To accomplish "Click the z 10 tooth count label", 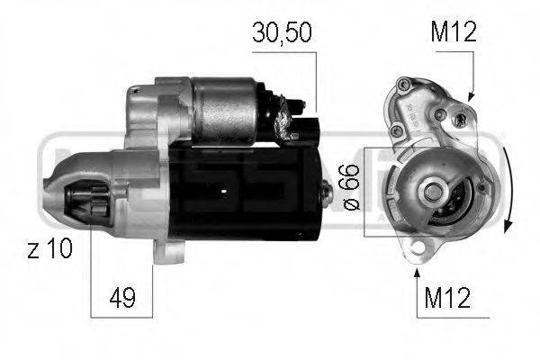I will [49, 248].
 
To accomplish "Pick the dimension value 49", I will [122, 298].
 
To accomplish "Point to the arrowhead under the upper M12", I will [471, 95].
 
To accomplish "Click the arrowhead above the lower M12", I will [417, 265].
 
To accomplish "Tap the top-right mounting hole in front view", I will [460, 118].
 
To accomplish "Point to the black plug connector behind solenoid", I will [310, 126].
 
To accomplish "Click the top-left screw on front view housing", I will [402, 86].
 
